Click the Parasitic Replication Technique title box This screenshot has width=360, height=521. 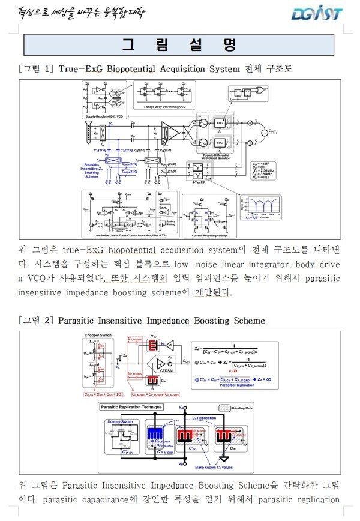[131, 407]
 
